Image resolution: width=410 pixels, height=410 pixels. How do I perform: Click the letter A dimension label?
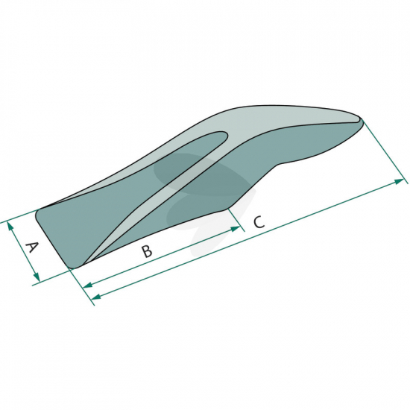32,247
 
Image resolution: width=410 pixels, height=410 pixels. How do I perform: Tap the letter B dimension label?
147,251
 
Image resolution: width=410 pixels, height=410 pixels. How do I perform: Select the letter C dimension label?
259,222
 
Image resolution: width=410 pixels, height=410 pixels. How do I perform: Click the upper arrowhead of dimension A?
10,226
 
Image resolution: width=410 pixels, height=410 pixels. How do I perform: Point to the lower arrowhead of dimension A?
37,277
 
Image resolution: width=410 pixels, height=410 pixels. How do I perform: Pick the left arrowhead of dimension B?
88,286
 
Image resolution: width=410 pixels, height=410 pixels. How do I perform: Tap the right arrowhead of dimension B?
235,229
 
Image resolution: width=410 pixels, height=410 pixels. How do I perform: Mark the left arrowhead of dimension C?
96,297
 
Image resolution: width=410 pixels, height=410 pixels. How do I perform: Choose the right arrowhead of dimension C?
399,181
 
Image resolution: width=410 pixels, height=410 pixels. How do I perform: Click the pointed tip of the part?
362,120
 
